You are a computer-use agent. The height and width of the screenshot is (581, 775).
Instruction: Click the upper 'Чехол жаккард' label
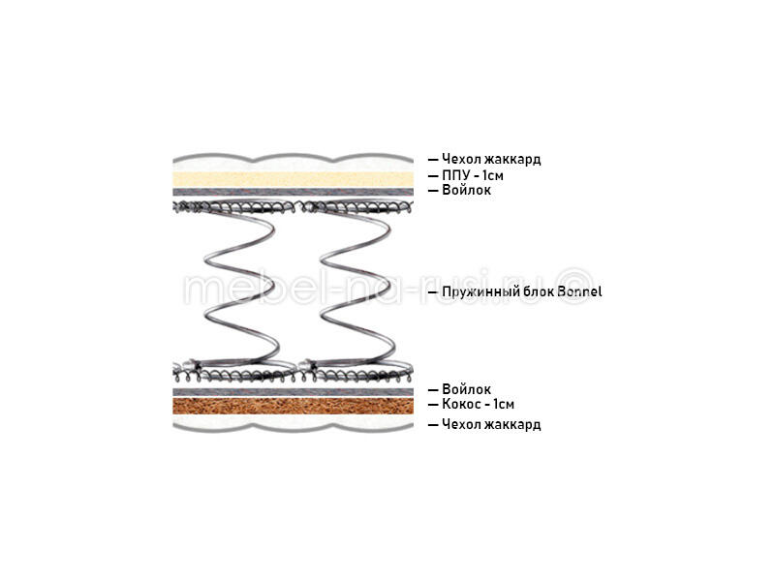[x=491, y=159]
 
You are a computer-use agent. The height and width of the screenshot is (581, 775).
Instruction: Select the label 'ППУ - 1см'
[x=473, y=175]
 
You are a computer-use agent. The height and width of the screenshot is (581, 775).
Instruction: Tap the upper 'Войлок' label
[x=466, y=190]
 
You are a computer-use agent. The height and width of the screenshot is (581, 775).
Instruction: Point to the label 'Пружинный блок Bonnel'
[x=522, y=291]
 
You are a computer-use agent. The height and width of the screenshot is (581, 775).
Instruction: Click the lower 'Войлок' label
[x=466, y=389]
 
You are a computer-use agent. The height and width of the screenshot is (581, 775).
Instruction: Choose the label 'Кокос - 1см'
[x=478, y=404]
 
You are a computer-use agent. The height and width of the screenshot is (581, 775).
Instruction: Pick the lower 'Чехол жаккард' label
[x=491, y=424]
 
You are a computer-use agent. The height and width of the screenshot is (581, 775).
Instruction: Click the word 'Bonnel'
[x=579, y=291]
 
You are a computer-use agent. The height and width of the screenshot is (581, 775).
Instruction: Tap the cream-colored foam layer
[x=294, y=179]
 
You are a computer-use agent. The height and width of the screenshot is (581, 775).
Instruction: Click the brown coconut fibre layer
[x=294, y=406]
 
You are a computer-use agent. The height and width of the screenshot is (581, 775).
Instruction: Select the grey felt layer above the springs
[x=294, y=192]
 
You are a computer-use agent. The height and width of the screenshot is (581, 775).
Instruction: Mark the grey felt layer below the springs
[x=294, y=392]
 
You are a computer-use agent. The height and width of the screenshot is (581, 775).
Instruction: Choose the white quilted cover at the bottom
[x=294, y=422]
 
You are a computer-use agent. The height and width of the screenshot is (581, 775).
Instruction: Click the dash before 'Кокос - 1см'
[x=433, y=405]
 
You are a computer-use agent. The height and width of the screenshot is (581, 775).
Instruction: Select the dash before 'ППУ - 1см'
[x=433, y=176]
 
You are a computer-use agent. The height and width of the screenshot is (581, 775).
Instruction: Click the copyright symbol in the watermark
[x=575, y=286]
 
